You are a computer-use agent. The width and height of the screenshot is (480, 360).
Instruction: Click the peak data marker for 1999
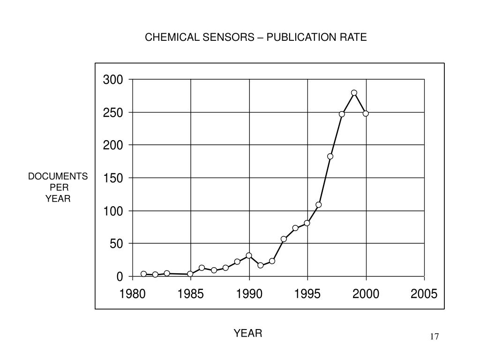[354, 93]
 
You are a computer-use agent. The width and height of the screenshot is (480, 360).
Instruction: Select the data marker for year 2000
[366, 113]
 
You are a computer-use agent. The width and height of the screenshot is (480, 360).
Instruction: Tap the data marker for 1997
[330, 157]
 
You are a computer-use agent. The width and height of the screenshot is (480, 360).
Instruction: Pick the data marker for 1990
[249, 255]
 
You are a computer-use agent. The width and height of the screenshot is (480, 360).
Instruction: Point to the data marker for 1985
[190, 274]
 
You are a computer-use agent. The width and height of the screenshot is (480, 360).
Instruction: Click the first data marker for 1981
[143, 274]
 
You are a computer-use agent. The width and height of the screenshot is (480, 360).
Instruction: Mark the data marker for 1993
[284, 239]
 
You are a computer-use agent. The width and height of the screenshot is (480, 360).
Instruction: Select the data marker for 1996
[319, 205]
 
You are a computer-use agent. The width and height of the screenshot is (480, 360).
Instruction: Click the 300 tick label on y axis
[113, 80]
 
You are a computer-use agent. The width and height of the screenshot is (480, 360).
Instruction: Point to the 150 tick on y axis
[113, 178]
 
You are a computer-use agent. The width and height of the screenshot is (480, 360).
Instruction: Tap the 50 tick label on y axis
[116, 244]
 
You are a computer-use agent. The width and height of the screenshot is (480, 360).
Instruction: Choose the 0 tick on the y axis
[120, 277]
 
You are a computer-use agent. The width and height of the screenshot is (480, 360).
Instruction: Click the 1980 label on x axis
[132, 294]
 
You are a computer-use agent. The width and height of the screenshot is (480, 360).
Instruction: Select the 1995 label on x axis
[307, 294]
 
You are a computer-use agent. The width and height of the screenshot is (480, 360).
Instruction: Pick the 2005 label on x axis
[424, 294]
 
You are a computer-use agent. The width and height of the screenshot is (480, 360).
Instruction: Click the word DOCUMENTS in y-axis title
[58, 176]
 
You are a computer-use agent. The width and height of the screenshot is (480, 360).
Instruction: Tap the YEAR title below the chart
[248, 333]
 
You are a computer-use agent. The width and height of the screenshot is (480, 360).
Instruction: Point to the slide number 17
[434, 337]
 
